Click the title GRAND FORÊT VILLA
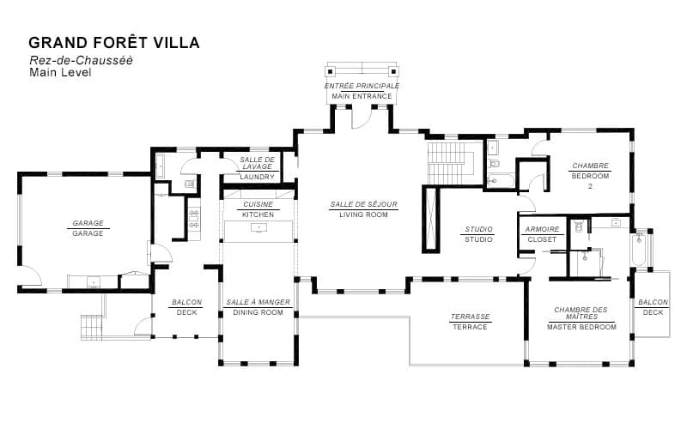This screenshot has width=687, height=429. coord(114,42)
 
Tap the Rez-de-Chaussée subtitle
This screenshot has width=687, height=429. coord(81,60)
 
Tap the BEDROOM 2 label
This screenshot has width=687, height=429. coord(590,175)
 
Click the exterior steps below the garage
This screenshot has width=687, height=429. coord(91,327)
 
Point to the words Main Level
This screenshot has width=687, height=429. coord(60,73)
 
